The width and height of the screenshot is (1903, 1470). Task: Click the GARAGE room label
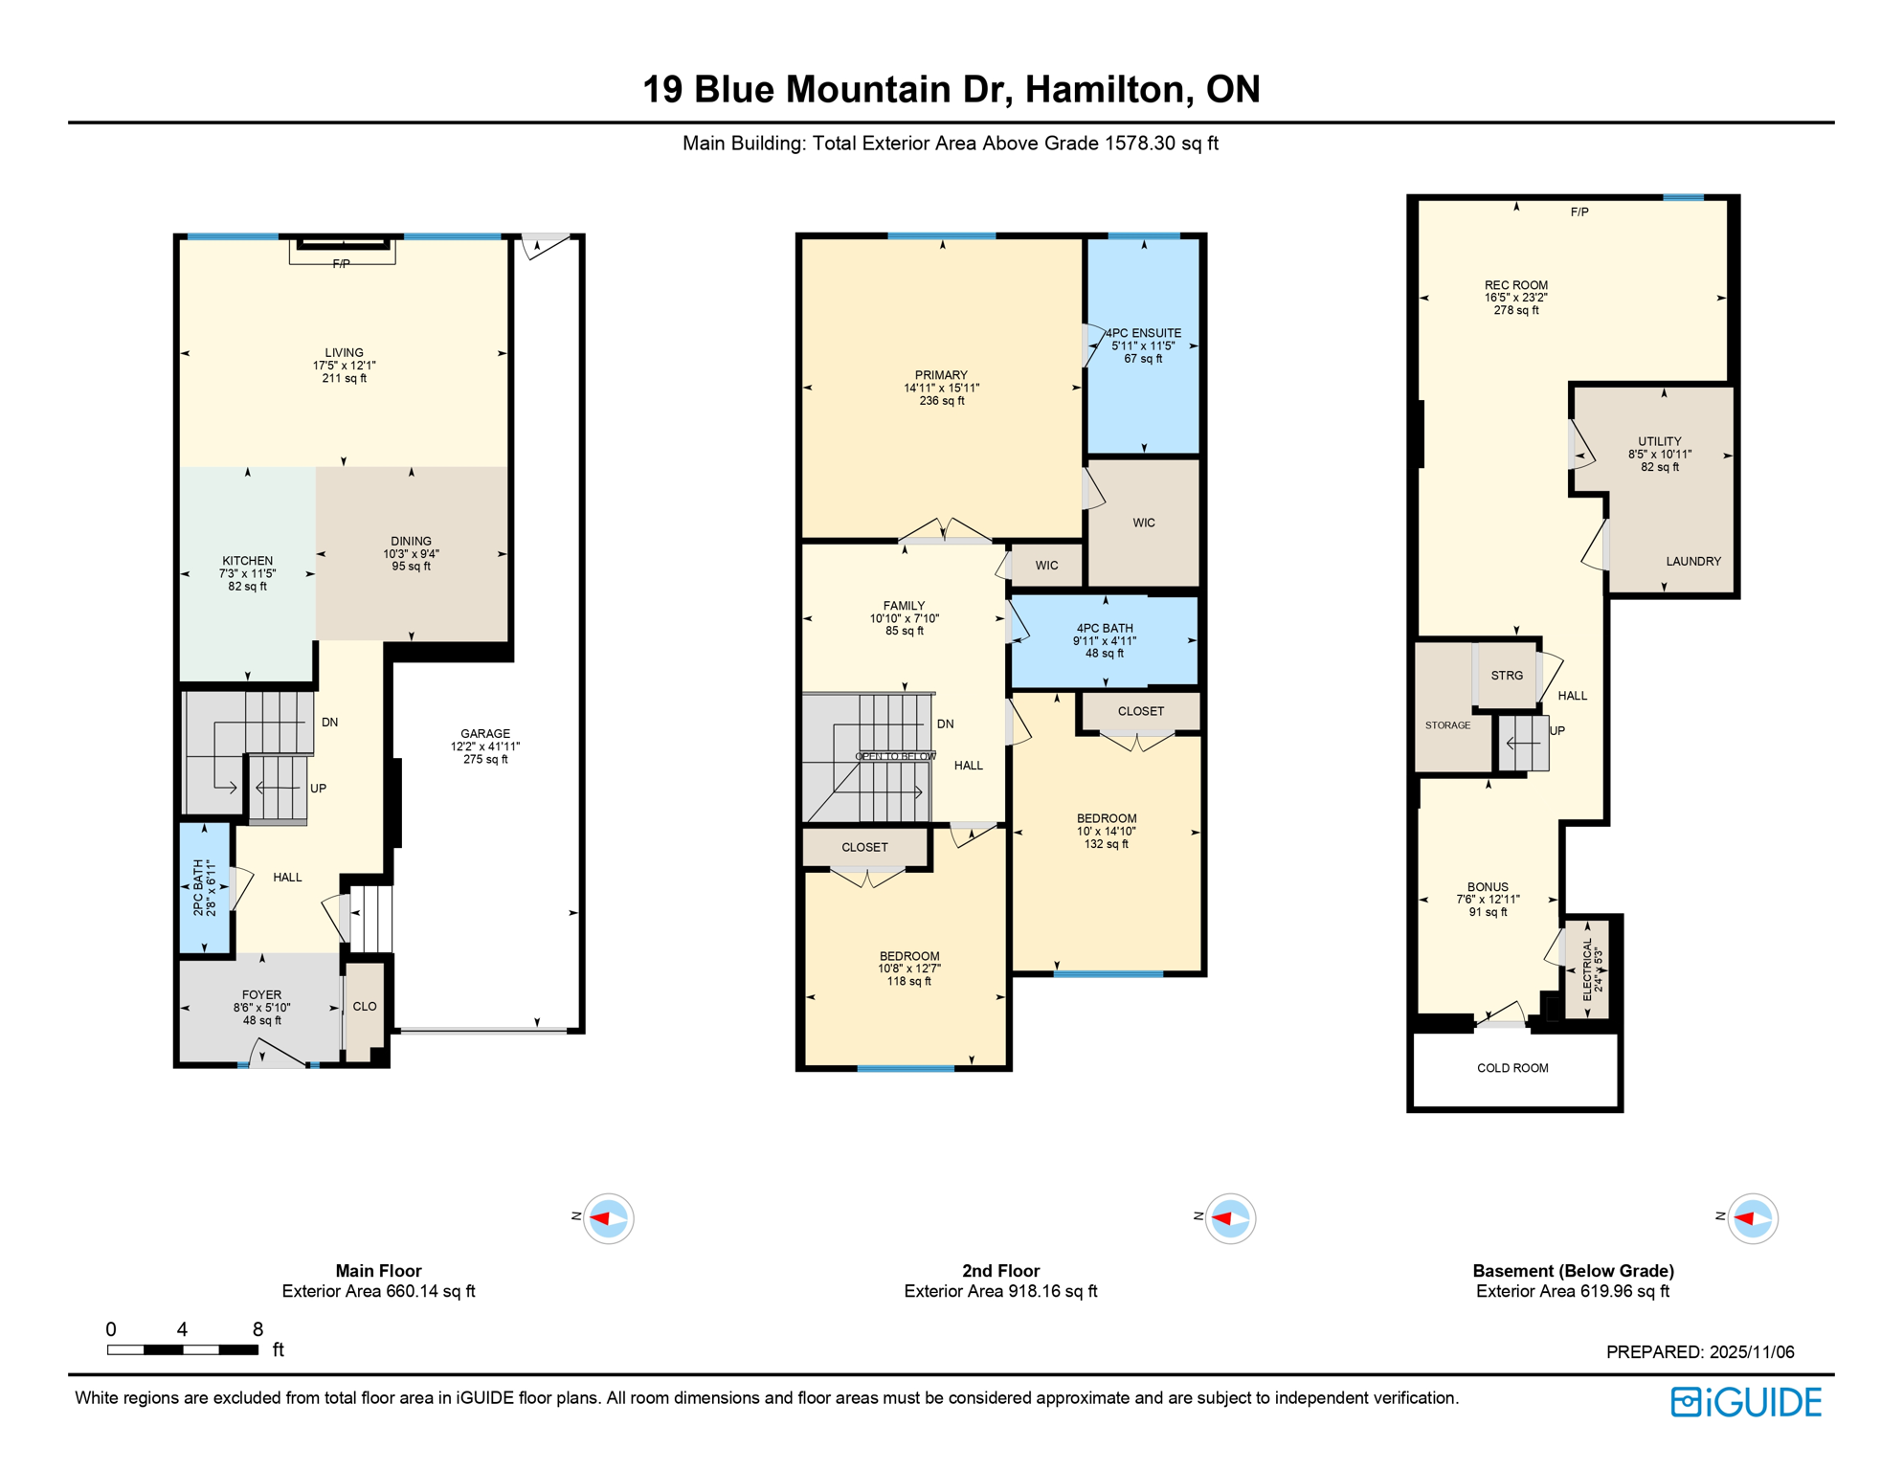click(x=485, y=734)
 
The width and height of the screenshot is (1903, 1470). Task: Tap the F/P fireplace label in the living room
click(x=341, y=264)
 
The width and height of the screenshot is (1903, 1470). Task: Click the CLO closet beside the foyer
click(x=365, y=1007)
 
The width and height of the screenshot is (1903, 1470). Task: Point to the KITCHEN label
click(x=248, y=561)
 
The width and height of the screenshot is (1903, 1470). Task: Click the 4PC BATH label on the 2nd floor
click(x=1105, y=629)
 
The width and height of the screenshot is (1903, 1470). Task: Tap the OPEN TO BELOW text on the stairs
click(x=895, y=757)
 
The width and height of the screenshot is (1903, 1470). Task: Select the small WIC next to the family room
click(x=1047, y=566)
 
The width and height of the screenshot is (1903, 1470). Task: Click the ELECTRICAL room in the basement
click(x=1588, y=969)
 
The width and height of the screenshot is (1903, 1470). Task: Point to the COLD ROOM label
click(x=1512, y=1068)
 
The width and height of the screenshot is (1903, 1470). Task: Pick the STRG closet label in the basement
click(x=1507, y=676)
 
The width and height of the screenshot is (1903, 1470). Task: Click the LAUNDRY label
click(x=1693, y=562)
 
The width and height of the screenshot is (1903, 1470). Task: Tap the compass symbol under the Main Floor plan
click(x=608, y=1218)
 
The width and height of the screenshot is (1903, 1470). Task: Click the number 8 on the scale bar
click(x=257, y=1329)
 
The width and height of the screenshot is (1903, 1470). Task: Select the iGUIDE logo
click(x=1746, y=1402)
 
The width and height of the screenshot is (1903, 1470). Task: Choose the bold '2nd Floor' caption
click(x=1000, y=1271)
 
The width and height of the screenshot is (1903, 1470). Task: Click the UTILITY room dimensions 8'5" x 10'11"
click(x=1660, y=455)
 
